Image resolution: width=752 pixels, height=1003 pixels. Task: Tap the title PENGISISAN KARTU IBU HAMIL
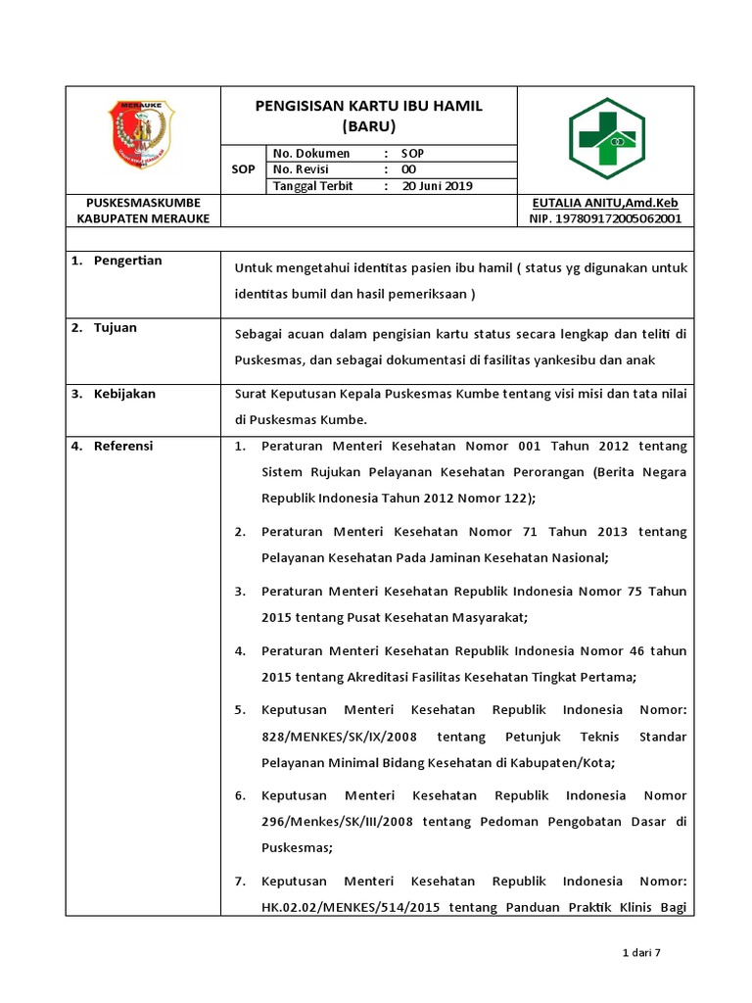click(x=369, y=106)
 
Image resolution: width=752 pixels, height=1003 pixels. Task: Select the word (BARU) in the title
click(x=369, y=126)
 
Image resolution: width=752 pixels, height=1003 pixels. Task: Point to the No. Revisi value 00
click(x=409, y=169)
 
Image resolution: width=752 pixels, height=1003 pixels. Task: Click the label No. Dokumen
click(x=311, y=154)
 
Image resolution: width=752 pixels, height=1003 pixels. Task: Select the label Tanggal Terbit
click(x=314, y=186)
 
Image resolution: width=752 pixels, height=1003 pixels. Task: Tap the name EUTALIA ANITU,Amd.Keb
click(x=604, y=203)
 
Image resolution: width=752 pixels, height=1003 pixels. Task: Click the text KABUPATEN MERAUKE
click(x=143, y=219)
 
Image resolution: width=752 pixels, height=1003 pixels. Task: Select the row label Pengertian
click(x=127, y=261)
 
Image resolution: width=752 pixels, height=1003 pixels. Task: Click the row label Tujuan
click(x=116, y=328)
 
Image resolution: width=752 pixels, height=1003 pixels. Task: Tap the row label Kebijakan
click(x=124, y=394)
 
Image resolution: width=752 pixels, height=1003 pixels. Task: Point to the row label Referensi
click(x=123, y=447)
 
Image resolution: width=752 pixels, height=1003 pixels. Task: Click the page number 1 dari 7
click(x=642, y=952)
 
